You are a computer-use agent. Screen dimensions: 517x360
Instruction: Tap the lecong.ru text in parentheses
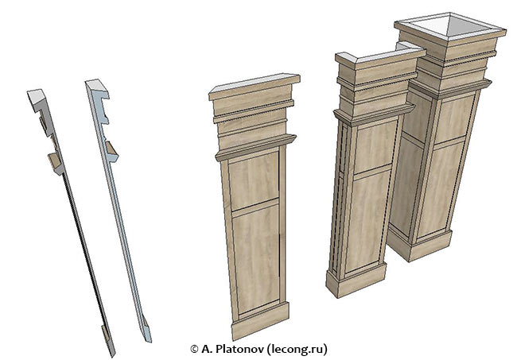297,349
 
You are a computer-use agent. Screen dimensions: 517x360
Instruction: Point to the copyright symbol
194,349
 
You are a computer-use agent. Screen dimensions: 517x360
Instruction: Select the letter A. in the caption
207,349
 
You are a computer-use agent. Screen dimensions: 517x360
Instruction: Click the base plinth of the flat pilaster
260,321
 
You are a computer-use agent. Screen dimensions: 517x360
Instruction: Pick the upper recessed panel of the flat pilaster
254,180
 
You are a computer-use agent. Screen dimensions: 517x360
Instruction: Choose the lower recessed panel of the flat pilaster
257,258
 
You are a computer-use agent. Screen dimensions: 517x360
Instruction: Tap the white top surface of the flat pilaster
254,83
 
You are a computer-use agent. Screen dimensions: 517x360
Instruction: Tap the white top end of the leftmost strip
37,96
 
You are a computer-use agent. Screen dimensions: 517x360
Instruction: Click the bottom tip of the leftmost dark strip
112,355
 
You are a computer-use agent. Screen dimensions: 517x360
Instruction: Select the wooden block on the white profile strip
112,150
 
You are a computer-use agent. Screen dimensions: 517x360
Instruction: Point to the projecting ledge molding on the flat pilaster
256,147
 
